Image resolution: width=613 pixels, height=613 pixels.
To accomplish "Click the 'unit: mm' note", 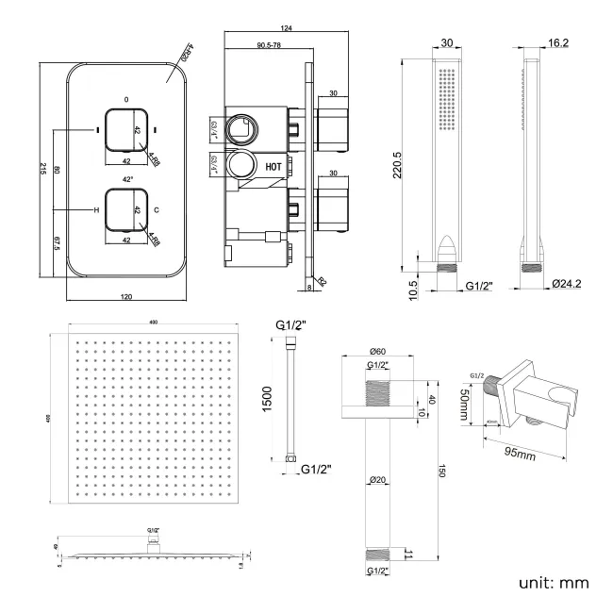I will coord(555,583).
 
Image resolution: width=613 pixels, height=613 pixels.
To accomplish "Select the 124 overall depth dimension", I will coord(286,27).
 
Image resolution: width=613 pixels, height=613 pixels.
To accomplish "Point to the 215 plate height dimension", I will coord(44,167).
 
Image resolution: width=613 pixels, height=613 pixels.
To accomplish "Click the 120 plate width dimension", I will coord(126,297).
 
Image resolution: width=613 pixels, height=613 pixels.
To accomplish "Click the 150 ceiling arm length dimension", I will coord(439,471).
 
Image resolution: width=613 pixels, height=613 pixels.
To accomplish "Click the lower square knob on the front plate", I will coord(126,209).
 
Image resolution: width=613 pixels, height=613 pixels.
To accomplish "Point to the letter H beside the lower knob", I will coord(96,210).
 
